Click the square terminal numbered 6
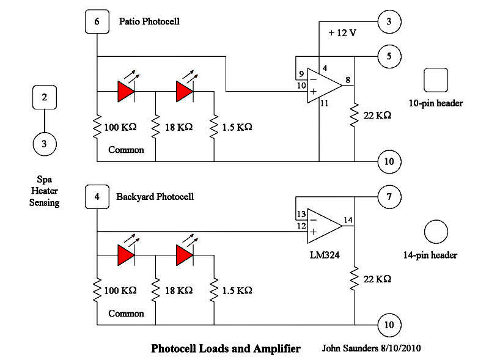pos(97,21)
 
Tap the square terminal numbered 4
pos(97,197)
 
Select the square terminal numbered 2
pos(44,97)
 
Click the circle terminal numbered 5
pos(389,56)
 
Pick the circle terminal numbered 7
pos(389,197)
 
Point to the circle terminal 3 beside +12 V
pos(389,21)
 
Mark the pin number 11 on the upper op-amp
pos(324,104)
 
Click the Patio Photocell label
pos(149,22)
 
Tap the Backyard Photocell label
pos(155,197)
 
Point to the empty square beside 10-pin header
pos(436,79)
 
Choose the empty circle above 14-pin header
pos(436,232)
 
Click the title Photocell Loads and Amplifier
pos(226,349)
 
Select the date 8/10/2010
pos(399,348)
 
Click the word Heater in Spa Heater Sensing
pos(44,191)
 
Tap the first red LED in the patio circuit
pos(126,91)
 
